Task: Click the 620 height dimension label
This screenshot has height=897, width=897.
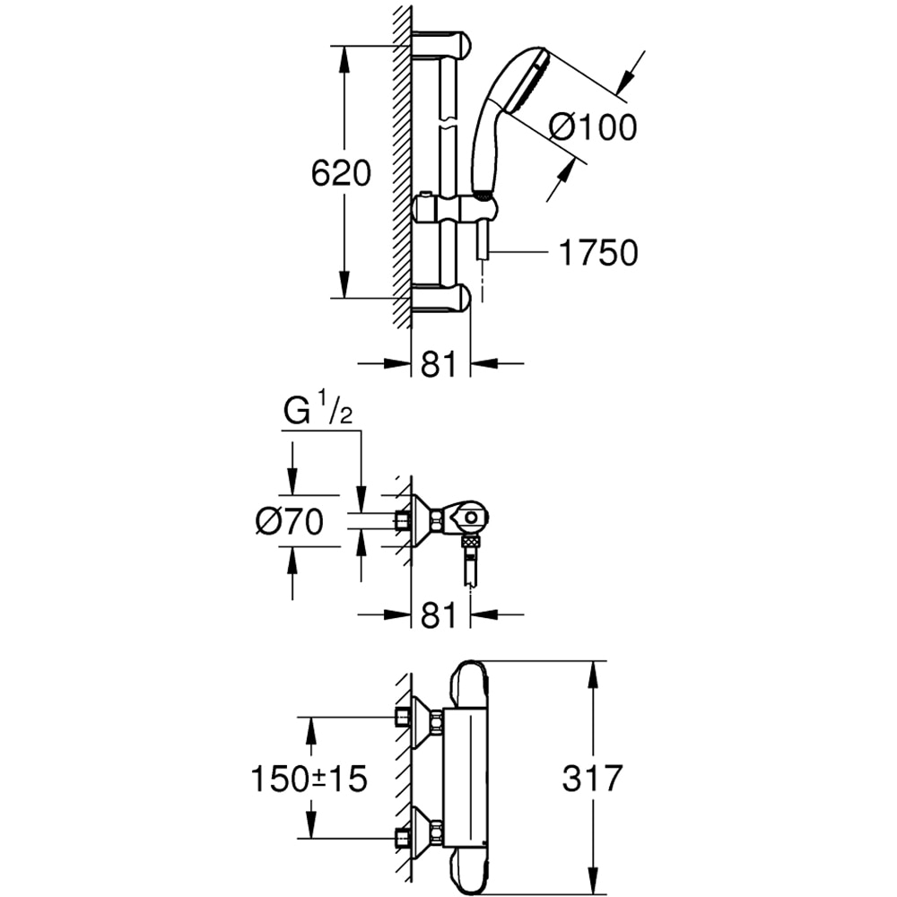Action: [341, 172]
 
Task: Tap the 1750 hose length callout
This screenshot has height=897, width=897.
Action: [598, 253]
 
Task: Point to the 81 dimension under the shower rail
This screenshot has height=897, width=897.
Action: [440, 364]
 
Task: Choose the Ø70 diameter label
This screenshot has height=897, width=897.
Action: [288, 521]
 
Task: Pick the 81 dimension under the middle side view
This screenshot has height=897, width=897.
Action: [440, 615]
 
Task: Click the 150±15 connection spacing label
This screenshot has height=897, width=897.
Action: [308, 779]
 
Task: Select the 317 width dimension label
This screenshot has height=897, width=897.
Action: [591, 779]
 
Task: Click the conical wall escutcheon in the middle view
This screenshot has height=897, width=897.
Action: [422, 518]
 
